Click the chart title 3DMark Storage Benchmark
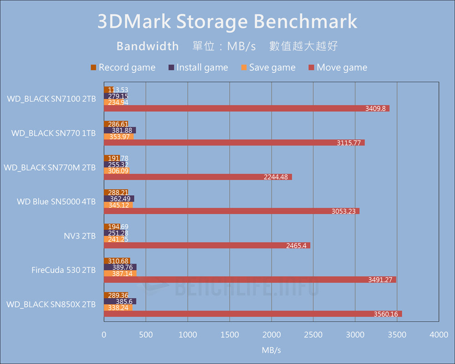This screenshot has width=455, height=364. pos(227,22)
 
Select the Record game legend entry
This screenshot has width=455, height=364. pos(123,67)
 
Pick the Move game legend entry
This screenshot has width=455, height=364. pos(338,67)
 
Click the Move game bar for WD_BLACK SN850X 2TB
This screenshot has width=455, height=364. pos(253,313)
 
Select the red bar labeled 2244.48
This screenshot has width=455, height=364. pos(198,177)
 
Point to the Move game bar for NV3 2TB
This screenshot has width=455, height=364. pos(207,245)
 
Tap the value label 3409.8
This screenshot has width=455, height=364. pos(376,108)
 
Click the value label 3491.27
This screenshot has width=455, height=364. pos(382,279)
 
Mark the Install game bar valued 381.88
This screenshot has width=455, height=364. pos(120,130)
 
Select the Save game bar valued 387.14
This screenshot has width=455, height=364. pos(120,273)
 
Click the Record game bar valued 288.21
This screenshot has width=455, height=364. pos(116,192)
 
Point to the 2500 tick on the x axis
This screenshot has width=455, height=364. pos(313,335)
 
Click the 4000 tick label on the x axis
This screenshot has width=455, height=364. pos(439,335)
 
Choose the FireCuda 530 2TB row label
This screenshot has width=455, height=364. pos(64,270)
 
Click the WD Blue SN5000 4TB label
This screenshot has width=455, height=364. pos(56,201)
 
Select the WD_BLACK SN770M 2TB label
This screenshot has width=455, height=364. pos(50,167)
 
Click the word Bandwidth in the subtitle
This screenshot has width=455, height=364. pos(147,46)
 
